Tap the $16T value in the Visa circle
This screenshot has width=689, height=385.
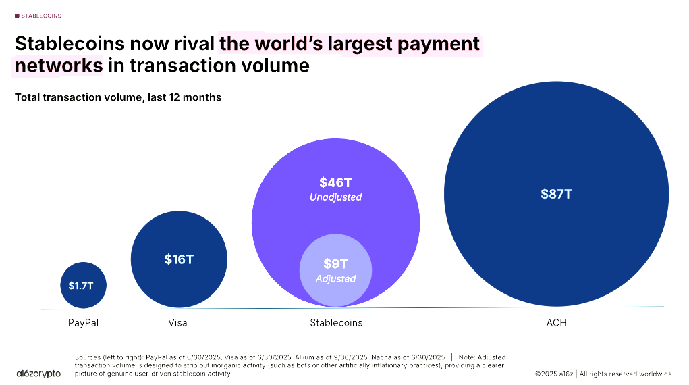click(179, 259)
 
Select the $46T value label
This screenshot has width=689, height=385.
click(335, 182)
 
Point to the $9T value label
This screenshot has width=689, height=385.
click(335, 264)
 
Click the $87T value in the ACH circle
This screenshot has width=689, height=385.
click(556, 194)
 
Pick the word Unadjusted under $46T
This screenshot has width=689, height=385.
click(335, 197)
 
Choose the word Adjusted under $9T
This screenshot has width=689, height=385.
click(335, 278)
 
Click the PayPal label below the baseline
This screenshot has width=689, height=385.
click(83, 322)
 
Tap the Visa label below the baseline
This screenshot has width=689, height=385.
click(177, 322)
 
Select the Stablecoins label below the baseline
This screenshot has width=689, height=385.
click(336, 322)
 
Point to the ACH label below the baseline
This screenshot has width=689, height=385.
click(556, 322)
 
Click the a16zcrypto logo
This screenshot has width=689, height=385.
click(38, 374)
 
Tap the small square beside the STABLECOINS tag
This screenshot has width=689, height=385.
click(17, 15)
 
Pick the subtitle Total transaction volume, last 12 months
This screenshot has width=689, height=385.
click(118, 97)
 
